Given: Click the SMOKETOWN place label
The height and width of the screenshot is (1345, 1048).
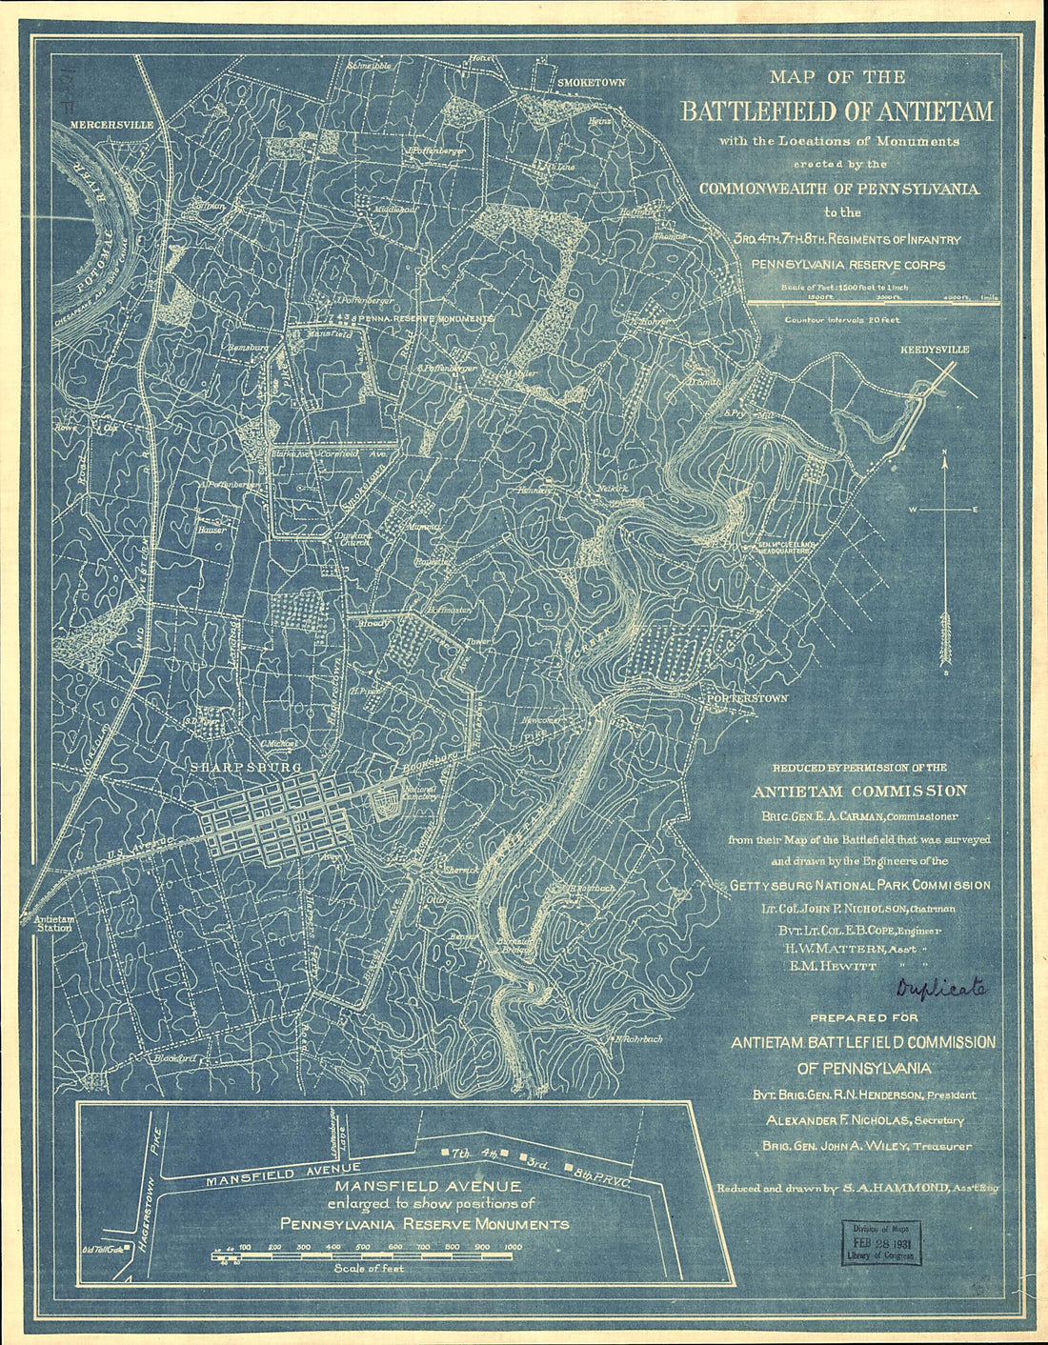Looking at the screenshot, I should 591,83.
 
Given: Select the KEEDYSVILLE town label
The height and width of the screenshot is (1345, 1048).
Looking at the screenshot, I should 934,350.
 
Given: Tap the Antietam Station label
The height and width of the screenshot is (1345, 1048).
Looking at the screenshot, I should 52,922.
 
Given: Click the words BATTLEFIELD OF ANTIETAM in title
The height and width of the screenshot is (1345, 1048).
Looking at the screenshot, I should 836,111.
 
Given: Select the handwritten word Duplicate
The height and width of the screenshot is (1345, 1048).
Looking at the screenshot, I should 940,989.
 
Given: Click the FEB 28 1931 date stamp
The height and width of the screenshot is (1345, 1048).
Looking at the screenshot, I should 881,1243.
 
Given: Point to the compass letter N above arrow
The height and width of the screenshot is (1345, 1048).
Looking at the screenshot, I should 944,452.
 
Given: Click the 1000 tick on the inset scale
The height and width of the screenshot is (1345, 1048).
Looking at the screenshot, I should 513,1246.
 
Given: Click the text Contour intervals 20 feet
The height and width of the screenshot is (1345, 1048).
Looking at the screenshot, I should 841,320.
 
